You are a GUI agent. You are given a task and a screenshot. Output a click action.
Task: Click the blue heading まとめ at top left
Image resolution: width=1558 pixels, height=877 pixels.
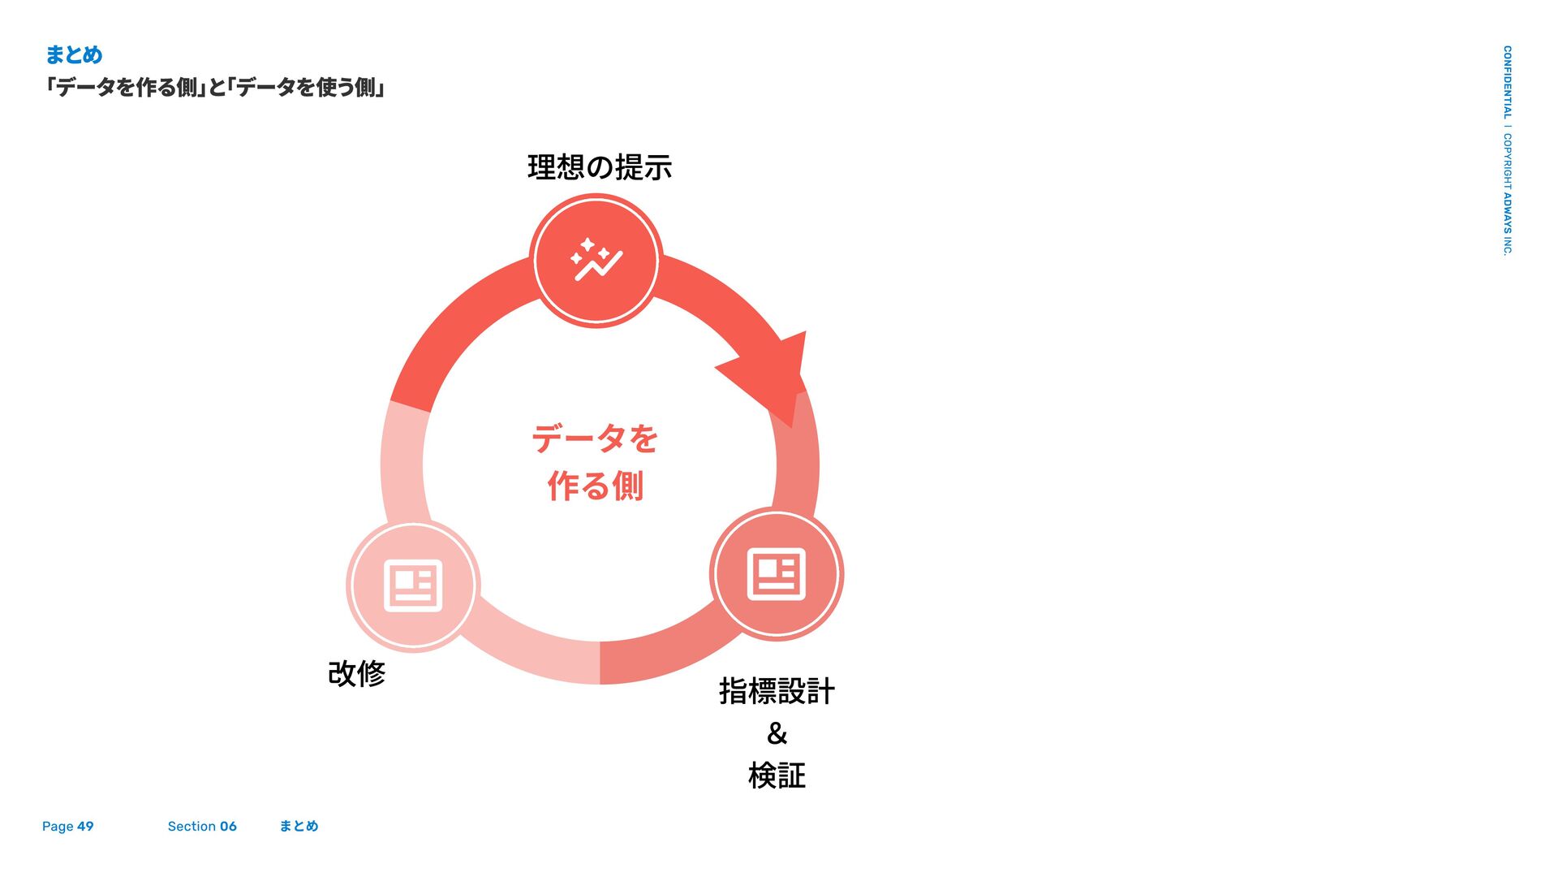tap(74, 55)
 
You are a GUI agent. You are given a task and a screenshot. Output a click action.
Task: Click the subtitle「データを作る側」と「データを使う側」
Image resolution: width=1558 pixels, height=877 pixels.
tap(215, 87)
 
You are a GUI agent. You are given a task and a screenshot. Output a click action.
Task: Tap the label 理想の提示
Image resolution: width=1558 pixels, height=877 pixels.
tap(599, 168)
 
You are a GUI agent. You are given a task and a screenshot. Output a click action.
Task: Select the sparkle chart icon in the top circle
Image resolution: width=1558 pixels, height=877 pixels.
tap(596, 261)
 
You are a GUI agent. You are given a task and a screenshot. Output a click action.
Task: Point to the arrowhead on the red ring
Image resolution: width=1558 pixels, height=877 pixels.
tap(771, 374)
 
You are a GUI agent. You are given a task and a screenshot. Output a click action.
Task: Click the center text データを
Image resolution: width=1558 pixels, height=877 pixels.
tap(595, 439)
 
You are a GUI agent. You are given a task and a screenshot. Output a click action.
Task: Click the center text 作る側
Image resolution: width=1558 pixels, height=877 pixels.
tap(595, 486)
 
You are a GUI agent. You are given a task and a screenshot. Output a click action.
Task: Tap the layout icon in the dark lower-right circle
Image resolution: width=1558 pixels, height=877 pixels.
tap(777, 574)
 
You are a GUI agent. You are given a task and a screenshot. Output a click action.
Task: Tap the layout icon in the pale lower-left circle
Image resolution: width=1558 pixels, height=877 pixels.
tap(413, 585)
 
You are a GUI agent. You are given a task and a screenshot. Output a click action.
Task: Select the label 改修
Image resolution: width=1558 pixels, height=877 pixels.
tap(356, 674)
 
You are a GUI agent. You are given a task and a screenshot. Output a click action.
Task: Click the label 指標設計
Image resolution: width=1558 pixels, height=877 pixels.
tap(777, 692)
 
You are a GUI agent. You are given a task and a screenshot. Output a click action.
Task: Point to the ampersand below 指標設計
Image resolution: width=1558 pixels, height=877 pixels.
tap(777, 734)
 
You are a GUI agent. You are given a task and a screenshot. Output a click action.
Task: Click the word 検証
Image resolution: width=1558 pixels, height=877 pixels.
tap(777, 776)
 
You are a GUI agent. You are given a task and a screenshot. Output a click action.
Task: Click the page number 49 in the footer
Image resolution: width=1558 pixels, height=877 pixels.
tap(85, 827)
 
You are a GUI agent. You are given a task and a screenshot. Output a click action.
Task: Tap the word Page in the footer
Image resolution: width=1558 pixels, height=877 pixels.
tap(58, 827)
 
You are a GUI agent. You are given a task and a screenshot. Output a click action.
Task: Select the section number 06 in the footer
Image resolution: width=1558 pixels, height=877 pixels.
tap(228, 827)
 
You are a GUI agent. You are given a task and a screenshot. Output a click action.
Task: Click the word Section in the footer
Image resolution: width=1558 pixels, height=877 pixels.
tap(192, 827)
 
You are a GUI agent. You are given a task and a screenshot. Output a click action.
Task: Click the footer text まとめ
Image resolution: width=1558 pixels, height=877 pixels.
tap(299, 827)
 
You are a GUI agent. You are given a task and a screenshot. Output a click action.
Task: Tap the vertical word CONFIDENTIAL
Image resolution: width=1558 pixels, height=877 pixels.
tap(1507, 81)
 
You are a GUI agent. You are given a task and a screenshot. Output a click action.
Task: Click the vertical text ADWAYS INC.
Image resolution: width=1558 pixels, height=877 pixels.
tap(1507, 223)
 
